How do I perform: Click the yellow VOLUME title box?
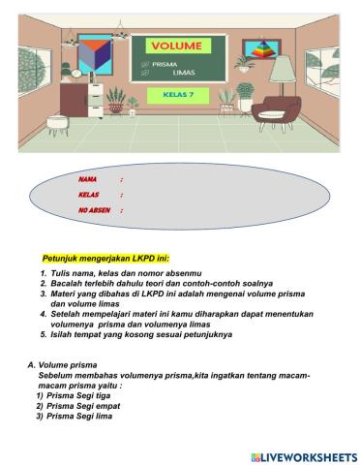point(178,46)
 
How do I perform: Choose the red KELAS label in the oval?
point(89,195)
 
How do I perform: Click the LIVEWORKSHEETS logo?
point(303,455)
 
